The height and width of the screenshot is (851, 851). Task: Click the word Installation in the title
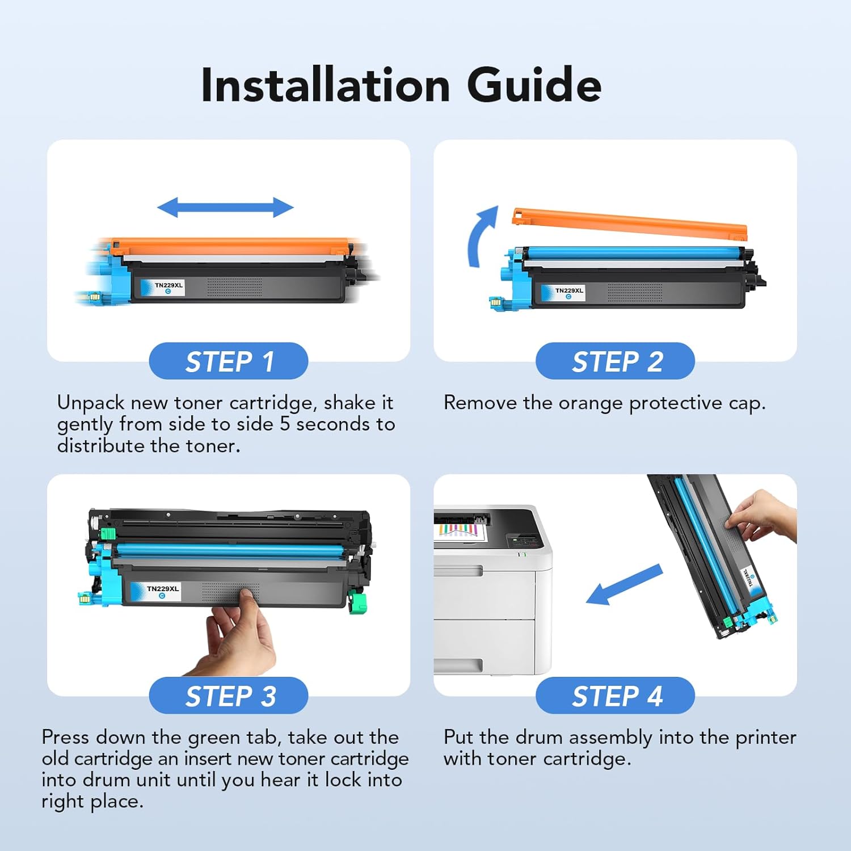coord(326,85)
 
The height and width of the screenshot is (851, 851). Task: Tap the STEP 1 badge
coord(229,361)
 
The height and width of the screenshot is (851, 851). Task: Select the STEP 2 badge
coord(616,361)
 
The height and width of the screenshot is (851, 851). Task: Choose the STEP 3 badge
coord(229,696)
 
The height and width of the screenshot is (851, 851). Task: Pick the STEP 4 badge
coord(616,696)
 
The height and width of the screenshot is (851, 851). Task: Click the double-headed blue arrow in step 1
coord(225,208)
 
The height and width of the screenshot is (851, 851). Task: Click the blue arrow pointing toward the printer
coord(624,584)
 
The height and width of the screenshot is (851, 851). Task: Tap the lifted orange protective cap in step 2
coord(630,223)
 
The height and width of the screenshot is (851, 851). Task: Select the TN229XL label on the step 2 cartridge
coord(569,293)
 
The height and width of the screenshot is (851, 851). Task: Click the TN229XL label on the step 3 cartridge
coord(163,591)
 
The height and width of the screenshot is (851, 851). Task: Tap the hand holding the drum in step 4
coord(763,516)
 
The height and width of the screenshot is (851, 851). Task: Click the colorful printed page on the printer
coord(460,532)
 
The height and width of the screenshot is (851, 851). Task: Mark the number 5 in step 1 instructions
coord(285,424)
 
